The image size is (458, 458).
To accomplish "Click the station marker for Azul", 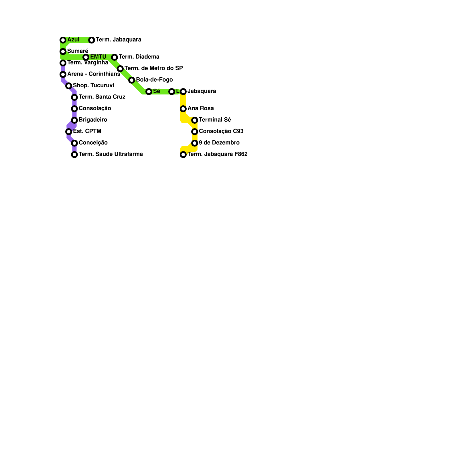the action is tap(63, 40).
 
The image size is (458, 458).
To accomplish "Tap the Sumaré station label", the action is tap(78, 51).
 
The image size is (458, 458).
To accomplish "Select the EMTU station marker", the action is tap(86, 57).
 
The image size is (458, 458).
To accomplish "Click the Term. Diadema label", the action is tap(139, 57).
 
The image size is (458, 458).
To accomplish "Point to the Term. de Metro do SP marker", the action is tap(120, 69).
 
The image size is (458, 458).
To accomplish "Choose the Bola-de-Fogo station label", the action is tap(154, 80).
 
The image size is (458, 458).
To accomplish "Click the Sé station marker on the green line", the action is tap(149, 92).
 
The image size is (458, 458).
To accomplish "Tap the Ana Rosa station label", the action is tap(200, 108).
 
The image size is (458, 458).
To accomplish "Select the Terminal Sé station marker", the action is tap(195, 120).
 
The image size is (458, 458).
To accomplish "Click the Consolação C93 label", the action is tap(221, 131).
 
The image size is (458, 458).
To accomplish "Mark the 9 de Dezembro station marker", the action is tap(195, 143).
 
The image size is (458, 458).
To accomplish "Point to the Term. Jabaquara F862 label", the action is tap(217, 154).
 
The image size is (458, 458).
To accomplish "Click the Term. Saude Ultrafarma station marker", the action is tap(74, 155).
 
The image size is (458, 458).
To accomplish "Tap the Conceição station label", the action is tap(93, 143).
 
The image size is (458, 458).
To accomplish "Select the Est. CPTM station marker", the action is tap(69, 132).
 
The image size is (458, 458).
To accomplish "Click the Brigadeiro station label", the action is tap(93, 120).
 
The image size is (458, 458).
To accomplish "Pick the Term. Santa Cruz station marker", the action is tap(74, 97).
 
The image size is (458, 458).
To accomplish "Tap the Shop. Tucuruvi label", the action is tap(93, 86).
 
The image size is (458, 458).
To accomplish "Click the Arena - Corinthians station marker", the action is tap(63, 74).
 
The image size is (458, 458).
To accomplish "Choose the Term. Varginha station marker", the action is tap(63, 63).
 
